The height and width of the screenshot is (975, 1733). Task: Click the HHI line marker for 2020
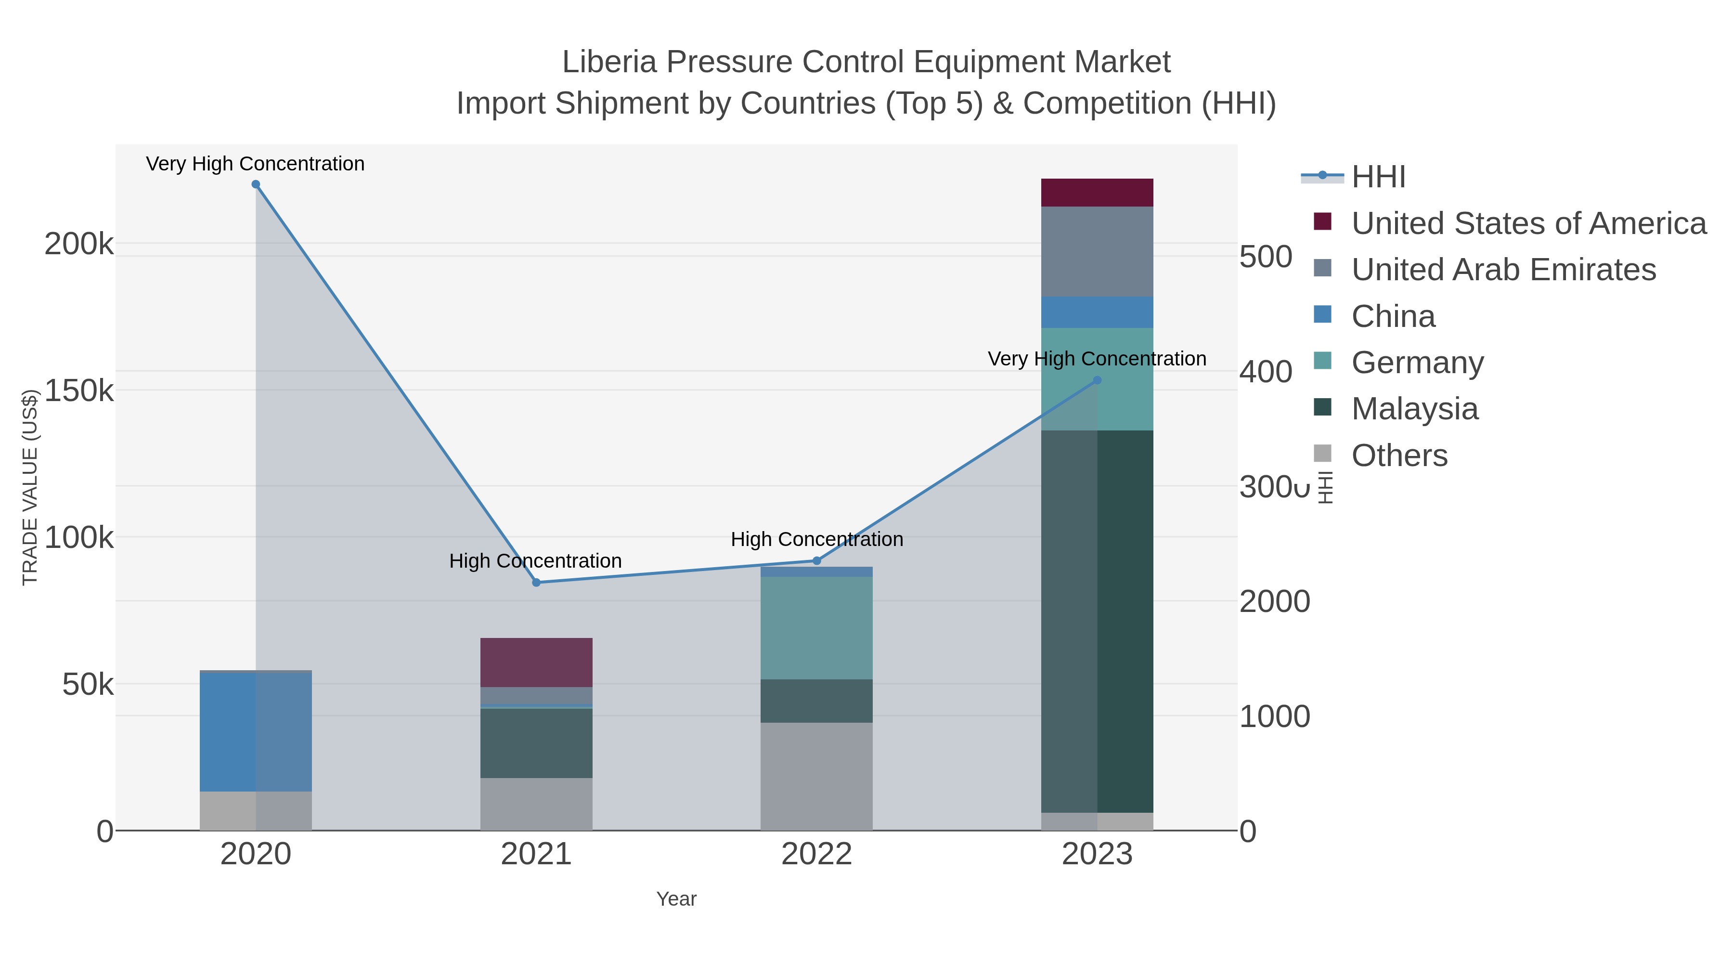click(x=256, y=184)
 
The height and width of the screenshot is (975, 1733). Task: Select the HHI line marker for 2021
click(x=536, y=583)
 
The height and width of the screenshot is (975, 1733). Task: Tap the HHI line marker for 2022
click(x=817, y=560)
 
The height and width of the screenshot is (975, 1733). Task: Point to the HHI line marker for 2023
click(x=1097, y=380)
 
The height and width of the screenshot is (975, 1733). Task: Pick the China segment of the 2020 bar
click(x=256, y=732)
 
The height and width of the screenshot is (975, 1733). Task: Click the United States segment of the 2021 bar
click(x=536, y=662)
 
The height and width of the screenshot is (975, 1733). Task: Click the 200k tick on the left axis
click(x=79, y=244)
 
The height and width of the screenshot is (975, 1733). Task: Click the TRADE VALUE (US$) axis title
click(x=29, y=487)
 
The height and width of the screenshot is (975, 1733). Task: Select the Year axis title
click(x=676, y=899)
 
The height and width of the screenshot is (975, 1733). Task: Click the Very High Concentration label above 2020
click(x=255, y=164)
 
